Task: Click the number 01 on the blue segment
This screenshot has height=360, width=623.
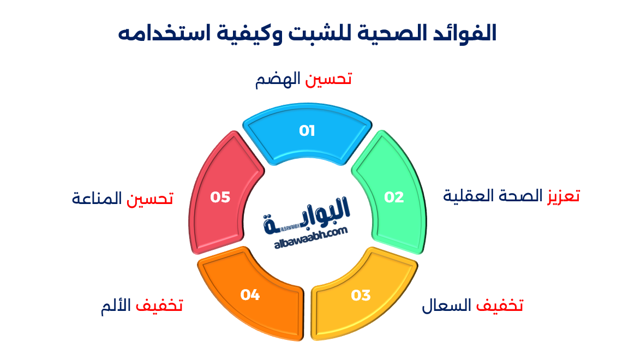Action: (x=307, y=131)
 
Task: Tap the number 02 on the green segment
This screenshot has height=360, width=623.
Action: (x=394, y=197)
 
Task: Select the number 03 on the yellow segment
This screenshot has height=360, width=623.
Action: (x=361, y=296)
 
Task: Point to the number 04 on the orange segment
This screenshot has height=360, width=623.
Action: (x=250, y=295)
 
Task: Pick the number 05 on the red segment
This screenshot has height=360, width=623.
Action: (x=220, y=197)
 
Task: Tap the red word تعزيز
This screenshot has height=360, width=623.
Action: (x=564, y=196)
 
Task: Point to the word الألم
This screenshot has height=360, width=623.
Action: (x=117, y=305)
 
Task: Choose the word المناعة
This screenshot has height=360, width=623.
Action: (x=97, y=199)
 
